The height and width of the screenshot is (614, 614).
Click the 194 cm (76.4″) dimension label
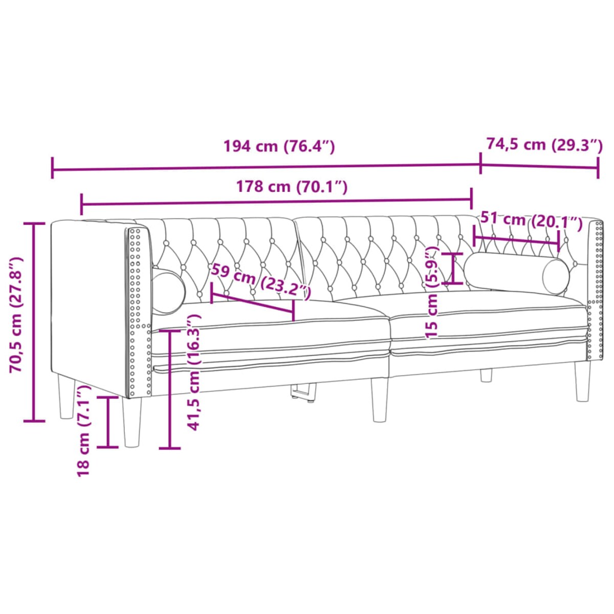coord(279,146)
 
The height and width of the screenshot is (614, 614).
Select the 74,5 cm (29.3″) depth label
coord(544,145)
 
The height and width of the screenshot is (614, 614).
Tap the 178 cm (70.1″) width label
coord(291,187)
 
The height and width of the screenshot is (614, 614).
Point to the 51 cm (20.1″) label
coord(532,221)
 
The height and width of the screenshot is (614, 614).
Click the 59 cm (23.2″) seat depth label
coord(261,281)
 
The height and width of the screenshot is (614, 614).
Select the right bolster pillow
coord(517,274)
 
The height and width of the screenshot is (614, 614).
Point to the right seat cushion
coord(486,317)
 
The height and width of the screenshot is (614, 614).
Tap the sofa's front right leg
coord(582,381)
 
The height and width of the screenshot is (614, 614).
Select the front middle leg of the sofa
coord(379,400)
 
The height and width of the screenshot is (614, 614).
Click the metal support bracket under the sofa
coord(303,391)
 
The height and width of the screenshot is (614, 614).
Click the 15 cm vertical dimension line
coord(453,269)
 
